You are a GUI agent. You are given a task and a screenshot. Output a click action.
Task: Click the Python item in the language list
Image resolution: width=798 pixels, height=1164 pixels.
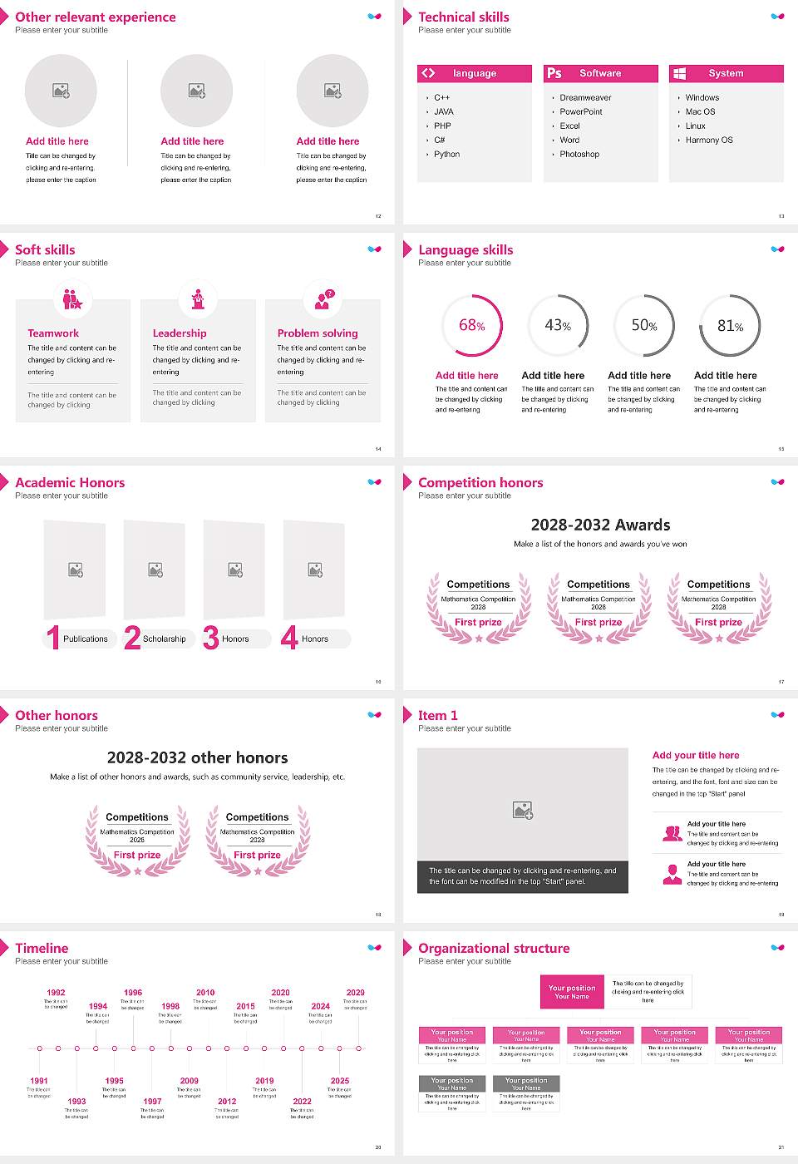446,155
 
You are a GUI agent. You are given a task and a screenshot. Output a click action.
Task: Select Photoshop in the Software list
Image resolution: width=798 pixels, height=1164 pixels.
579,155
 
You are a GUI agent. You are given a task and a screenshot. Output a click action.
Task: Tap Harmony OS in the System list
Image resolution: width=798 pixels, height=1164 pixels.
709,141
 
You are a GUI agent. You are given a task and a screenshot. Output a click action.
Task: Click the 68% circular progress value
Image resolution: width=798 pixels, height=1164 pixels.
471,326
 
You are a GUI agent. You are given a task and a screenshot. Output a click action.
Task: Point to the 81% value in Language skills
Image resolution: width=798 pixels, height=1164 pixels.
730,326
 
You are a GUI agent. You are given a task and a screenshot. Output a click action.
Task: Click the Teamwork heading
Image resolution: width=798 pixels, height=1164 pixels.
53,333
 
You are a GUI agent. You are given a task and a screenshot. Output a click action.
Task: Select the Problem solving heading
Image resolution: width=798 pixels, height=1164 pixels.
318,333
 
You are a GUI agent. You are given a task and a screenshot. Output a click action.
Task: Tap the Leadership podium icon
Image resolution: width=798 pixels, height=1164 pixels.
198,298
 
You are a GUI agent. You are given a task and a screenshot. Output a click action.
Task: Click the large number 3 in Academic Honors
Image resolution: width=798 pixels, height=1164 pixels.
211,638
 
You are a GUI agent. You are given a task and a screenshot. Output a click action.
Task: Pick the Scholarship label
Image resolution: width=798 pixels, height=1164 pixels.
164,639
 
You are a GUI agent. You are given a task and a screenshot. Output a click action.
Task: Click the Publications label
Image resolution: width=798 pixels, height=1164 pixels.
86,639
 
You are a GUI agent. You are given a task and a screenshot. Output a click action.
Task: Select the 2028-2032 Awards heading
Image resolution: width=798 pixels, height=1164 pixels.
600,525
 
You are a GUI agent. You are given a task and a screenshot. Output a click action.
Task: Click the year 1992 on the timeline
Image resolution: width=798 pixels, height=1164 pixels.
56,993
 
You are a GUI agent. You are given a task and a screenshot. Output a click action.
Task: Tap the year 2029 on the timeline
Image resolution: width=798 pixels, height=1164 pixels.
355,993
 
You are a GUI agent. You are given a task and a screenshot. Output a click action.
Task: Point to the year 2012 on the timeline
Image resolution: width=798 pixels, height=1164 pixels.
227,1102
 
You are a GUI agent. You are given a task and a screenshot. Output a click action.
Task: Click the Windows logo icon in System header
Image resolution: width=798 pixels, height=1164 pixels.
679,73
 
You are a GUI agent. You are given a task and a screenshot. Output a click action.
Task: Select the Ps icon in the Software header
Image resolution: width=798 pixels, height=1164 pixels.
554,73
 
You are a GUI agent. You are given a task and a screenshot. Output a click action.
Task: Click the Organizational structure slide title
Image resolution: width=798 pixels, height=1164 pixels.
494,949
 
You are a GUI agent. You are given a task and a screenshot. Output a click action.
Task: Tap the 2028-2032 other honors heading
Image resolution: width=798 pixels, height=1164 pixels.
197,758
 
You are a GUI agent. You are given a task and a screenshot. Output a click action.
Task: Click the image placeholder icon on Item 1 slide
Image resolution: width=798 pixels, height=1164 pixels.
523,810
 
